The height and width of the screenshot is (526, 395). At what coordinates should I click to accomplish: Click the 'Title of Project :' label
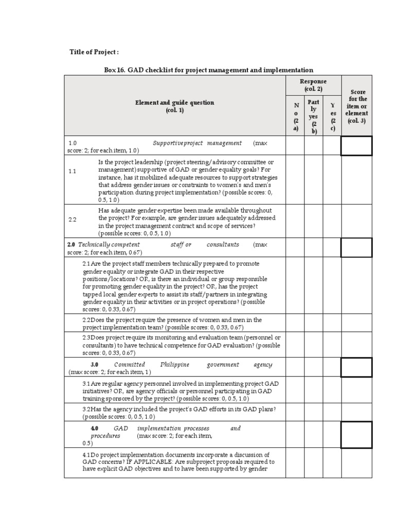(94, 52)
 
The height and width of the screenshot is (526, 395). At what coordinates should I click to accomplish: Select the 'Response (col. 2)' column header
(313, 85)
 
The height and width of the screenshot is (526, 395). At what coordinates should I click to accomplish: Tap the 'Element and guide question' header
(174, 106)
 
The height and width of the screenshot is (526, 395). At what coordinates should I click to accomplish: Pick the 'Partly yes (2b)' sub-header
(313, 117)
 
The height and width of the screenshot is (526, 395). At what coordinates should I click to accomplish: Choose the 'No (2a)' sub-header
(295, 117)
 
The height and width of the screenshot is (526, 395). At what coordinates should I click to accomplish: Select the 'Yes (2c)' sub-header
(332, 117)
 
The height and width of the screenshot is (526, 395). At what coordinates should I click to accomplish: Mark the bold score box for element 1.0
(356, 146)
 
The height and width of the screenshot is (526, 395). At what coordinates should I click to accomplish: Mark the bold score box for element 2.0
(356, 248)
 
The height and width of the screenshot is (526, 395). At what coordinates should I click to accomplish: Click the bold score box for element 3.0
(356, 368)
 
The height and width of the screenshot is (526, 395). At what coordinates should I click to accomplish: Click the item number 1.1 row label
(73, 172)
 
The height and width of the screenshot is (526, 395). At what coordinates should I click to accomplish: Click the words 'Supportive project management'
(197, 143)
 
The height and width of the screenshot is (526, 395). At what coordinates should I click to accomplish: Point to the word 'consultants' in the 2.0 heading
(223, 245)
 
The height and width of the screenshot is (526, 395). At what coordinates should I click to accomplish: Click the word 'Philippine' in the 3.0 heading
(174, 365)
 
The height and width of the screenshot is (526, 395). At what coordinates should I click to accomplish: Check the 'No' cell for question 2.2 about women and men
(295, 323)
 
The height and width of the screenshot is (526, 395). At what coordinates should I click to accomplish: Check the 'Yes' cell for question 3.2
(332, 412)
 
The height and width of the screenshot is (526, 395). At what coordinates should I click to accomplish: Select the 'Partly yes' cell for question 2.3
(313, 345)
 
